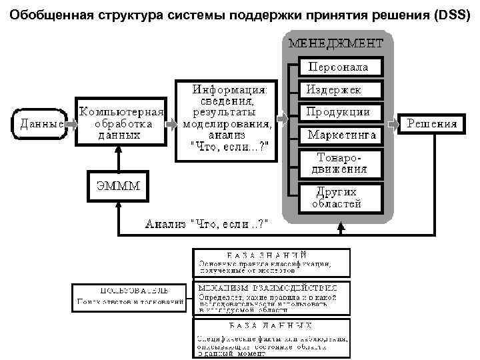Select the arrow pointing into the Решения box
coord(392,123)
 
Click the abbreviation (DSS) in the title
coord(450,14)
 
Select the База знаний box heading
coord(271,254)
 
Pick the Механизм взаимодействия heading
coord(271,287)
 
